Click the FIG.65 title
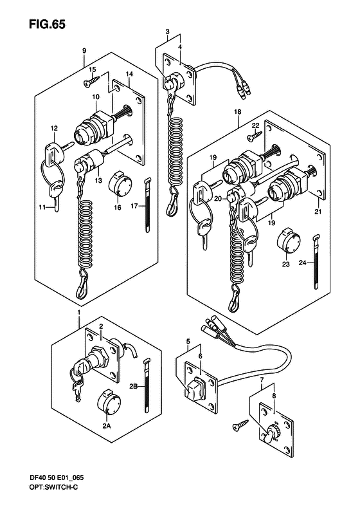click(x=47, y=24)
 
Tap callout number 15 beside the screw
click(x=93, y=69)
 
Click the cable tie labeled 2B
click(x=148, y=385)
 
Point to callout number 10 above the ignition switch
click(x=96, y=97)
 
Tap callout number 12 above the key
click(x=54, y=129)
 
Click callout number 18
click(x=238, y=112)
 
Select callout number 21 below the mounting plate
click(x=318, y=212)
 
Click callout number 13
click(x=98, y=180)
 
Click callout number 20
click(x=219, y=199)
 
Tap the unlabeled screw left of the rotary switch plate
click(x=240, y=425)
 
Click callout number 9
click(x=84, y=51)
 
